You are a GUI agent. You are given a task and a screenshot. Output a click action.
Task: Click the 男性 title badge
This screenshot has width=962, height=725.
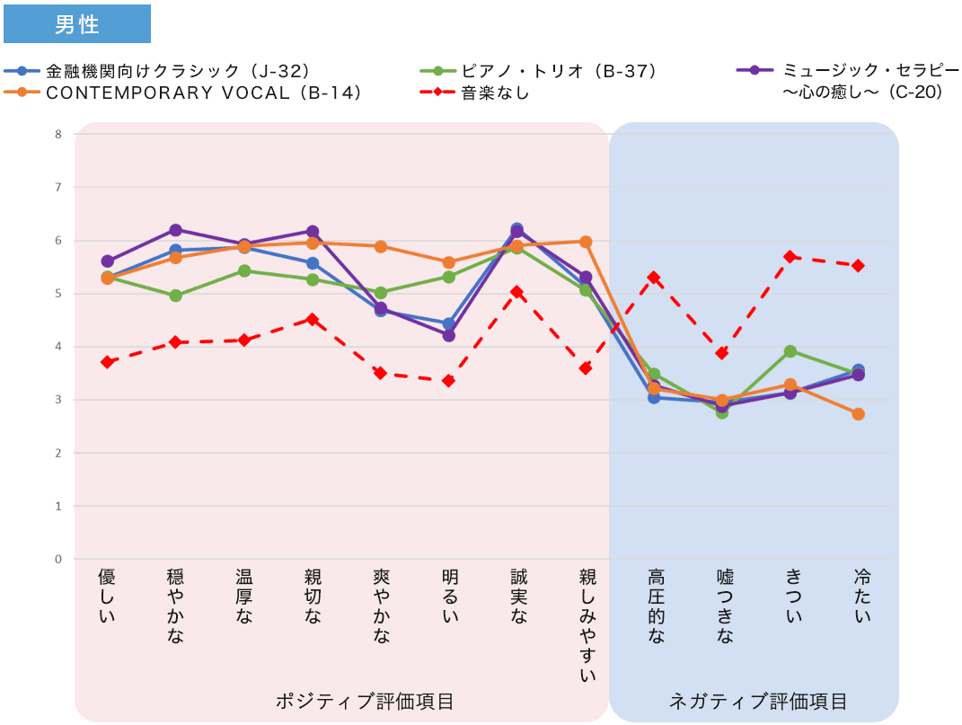[x=76, y=24]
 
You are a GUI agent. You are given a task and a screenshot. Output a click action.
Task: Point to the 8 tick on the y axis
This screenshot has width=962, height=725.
[x=58, y=135]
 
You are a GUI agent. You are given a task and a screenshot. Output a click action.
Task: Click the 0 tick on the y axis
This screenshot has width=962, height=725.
[x=58, y=559]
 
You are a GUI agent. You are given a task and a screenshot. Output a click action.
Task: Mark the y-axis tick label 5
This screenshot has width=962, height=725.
[x=58, y=294]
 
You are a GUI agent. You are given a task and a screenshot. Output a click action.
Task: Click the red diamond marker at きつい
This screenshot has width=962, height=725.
[x=790, y=257]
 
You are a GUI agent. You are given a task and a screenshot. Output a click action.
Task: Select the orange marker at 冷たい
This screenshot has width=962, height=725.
[x=859, y=414]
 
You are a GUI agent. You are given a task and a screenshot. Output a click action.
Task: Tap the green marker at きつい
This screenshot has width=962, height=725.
[x=790, y=351]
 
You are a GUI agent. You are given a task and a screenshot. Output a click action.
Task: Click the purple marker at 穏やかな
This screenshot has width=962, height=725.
[x=176, y=230]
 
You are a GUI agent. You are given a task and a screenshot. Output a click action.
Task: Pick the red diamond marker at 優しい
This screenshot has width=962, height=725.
[x=108, y=362]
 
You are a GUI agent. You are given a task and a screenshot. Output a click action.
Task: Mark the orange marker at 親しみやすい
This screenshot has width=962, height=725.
[x=586, y=242]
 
